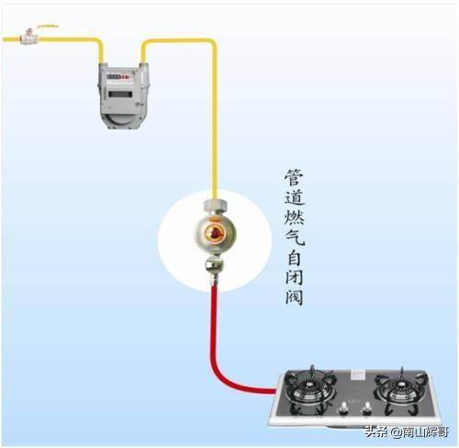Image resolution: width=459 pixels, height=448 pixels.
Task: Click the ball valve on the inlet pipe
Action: click(29, 36)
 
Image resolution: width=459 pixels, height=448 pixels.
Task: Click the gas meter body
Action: click(123, 95)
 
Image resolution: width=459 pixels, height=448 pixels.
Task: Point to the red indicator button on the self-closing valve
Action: click(215, 234)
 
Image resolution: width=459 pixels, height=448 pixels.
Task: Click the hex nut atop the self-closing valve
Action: click(215, 206)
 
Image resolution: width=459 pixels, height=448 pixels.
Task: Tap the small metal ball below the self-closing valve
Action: click(215, 265)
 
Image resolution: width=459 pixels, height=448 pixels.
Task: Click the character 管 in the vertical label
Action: click(295, 177)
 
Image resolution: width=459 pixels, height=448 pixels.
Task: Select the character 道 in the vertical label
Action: click(295, 197)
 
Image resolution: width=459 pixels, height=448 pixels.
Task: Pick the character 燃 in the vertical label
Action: click(295, 218)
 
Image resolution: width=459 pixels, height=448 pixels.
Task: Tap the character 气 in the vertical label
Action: click(295, 238)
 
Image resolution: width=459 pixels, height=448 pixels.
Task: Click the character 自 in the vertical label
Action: click(295, 258)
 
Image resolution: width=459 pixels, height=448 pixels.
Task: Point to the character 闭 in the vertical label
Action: click(295, 277)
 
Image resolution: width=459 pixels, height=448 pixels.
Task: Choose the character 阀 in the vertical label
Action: click(295, 297)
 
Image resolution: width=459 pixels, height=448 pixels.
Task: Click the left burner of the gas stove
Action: click(310, 386)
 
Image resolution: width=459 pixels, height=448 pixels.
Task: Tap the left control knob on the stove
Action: click(344, 409)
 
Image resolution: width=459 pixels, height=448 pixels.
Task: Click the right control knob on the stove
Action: click(366, 409)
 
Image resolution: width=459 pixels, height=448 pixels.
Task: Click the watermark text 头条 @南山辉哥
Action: click(407, 432)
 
